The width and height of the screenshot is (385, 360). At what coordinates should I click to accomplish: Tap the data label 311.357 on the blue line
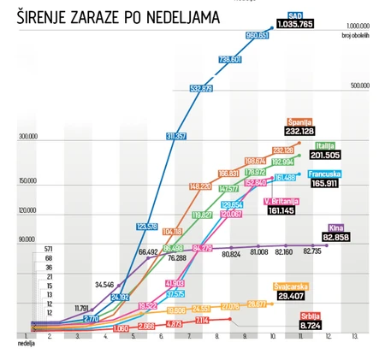(x=178, y=136)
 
